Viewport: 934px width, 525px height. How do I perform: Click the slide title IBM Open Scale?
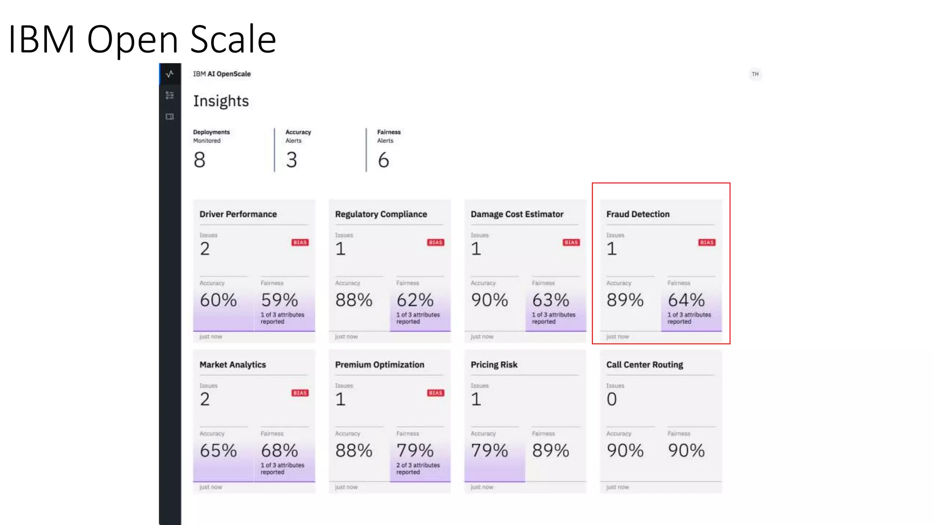[142, 39]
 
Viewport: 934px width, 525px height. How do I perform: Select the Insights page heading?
[221, 101]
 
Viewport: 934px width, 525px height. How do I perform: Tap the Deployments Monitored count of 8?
[199, 160]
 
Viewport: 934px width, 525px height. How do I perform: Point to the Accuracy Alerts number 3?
[291, 160]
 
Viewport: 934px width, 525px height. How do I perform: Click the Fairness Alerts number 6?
[383, 160]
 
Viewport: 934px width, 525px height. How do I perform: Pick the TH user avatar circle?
[755, 74]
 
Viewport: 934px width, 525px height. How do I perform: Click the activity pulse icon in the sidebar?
[170, 74]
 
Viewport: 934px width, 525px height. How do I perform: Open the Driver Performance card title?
[238, 214]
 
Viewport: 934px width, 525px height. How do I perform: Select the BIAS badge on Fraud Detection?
[706, 242]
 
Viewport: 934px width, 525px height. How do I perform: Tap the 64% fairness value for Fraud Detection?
[686, 300]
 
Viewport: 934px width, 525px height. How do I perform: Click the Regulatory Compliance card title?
[381, 214]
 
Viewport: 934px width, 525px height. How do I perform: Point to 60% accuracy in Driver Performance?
[218, 300]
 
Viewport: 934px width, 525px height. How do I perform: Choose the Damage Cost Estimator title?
[517, 214]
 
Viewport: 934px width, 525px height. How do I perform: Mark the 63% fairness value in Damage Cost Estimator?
[550, 300]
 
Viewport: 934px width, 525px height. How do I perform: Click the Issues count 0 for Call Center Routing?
[612, 399]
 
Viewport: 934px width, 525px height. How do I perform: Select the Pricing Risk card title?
[494, 365]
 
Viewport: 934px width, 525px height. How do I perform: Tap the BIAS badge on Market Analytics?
[300, 393]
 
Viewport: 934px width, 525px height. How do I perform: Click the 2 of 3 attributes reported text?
[418, 468]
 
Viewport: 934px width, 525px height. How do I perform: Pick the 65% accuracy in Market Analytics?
[218, 451]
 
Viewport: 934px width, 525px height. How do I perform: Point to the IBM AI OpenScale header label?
[222, 74]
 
